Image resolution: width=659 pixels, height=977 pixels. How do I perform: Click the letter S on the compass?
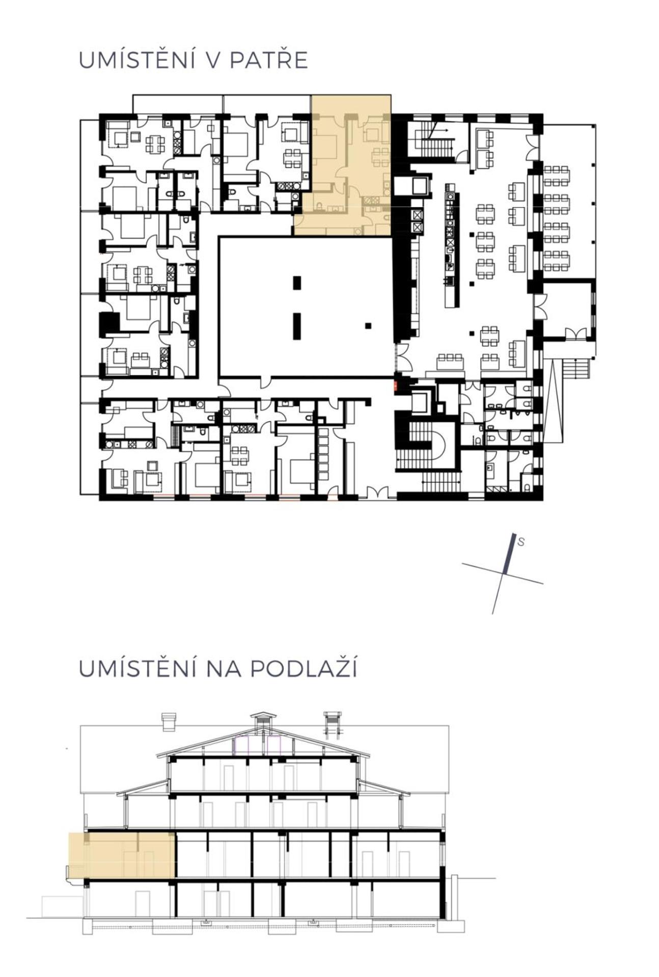click(520, 542)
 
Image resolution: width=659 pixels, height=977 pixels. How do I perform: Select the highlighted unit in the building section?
click(122, 855)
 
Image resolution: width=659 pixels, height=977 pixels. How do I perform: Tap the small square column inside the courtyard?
click(368, 326)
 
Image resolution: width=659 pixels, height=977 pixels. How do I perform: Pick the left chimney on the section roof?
click(168, 723)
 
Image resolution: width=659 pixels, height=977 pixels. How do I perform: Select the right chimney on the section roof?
click(332, 723)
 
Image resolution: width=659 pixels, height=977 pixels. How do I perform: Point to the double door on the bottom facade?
click(377, 492)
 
